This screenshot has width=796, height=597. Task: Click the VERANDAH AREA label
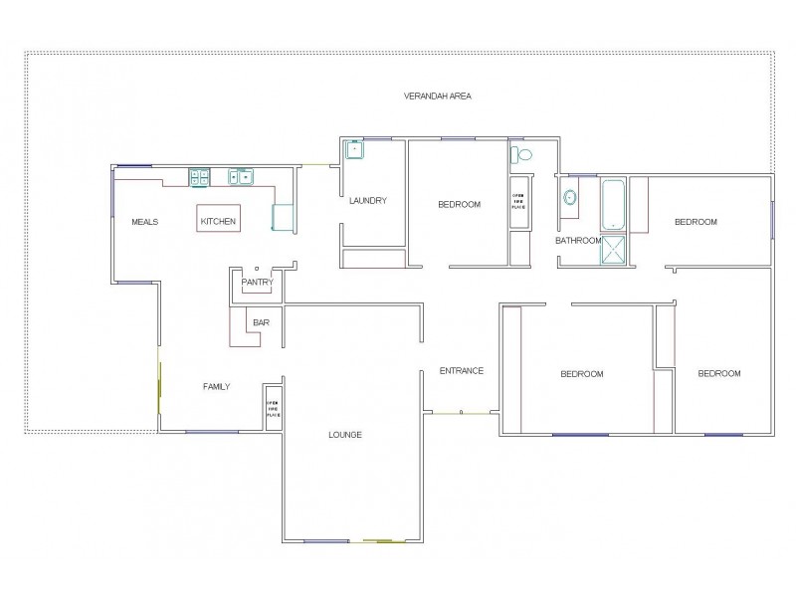click(x=437, y=97)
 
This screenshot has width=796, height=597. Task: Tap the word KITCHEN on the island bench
click(x=219, y=221)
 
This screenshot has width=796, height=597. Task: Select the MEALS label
click(x=145, y=222)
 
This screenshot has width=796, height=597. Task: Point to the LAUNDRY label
click(x=367, y=201)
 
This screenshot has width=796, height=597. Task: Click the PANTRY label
click(x=257, y=283)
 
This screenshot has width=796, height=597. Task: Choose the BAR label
click(x=261, y=322)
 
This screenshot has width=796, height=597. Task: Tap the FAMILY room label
click(x=217, y=386)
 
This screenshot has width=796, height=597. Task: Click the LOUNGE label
click(x=345, y=435)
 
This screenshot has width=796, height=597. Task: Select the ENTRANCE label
click(x=462, y=371)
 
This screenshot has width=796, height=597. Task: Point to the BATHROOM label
click(x=578, y=241)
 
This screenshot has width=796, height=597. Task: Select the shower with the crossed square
click(x=614, y=250)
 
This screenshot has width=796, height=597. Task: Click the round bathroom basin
click(x=571, y=197)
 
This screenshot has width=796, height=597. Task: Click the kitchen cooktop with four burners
click(x=200, y=178)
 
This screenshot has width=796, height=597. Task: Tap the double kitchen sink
click(x=240, y=178)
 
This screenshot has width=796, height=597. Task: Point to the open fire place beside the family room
click(x=272, y=407)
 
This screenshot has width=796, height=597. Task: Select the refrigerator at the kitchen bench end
click(x=283, y=217)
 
